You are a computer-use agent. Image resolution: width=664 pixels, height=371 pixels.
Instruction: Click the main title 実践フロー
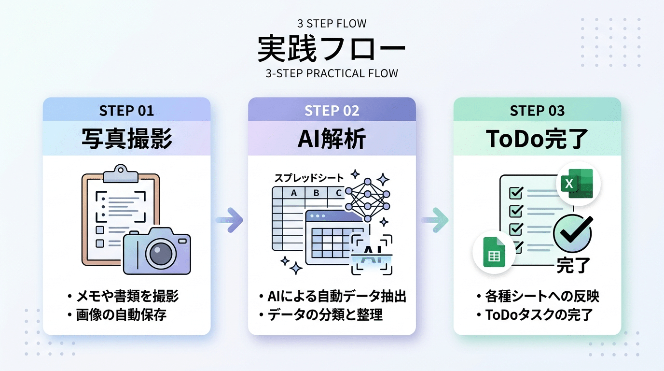coord(332,49)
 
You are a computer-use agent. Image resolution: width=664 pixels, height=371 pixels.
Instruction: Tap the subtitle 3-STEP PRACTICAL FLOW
coord(332,73)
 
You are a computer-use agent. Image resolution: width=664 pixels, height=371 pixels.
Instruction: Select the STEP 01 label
coord(126,111)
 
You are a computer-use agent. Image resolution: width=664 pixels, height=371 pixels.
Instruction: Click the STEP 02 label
coord(332,111)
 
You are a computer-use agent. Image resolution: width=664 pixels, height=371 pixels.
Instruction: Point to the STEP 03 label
coord(537,111)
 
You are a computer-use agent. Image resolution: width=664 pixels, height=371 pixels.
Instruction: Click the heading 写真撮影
coord(127,139)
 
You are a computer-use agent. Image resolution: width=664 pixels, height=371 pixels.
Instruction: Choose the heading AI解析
coord(332,139)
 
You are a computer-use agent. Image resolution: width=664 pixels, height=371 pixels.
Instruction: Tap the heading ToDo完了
coord(537,139)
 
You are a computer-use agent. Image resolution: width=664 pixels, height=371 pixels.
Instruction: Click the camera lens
coord(161,253)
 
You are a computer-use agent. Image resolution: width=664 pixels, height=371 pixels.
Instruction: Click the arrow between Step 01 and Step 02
coord(229,220)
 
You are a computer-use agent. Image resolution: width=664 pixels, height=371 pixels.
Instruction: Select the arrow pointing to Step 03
coord(435,220)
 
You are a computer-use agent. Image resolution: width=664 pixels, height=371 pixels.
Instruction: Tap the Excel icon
coord(578,184)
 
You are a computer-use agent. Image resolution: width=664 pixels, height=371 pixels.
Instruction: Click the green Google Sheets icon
coord(494,252)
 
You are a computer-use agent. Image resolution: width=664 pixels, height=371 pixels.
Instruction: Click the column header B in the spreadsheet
coord(316,193)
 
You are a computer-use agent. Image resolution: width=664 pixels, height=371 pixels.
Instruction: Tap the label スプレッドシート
coord(309,178)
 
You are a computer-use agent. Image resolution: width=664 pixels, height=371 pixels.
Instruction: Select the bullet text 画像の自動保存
coord(121,315)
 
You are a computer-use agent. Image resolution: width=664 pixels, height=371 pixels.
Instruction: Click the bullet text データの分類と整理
coord(325,315)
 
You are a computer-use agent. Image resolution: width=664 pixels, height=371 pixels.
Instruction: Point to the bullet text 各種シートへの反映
coord(542,296)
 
